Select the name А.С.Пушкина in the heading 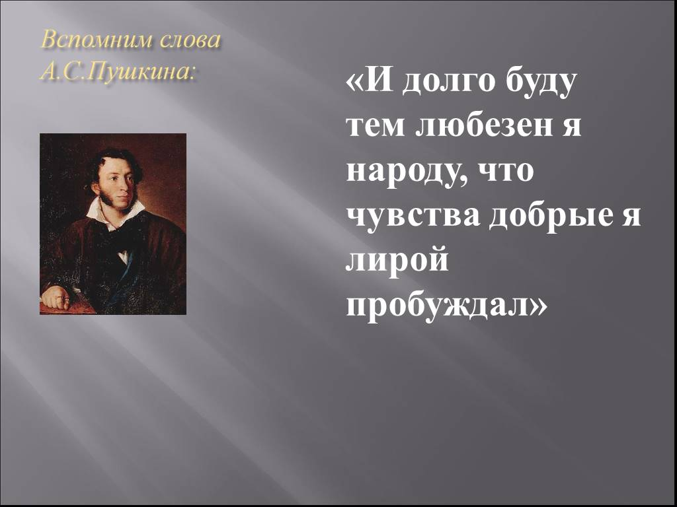[118, 71]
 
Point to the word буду [533, 85]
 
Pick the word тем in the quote [374, 128]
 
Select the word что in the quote [508, 173]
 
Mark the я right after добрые [631, 218]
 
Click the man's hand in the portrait [56, 298]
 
